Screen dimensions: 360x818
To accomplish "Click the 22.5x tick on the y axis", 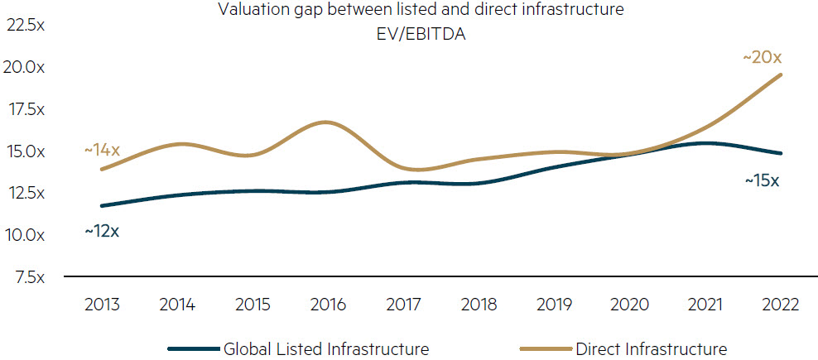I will (x=26, y=26).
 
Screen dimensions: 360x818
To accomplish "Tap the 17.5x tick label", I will (x=26, y=109).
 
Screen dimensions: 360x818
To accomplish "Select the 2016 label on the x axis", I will (x=328, y=305).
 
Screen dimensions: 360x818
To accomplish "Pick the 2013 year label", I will (x=103, y=305).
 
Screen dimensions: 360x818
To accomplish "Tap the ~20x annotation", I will (x=762, y=58).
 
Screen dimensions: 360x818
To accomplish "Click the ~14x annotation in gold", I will (x=103, y=151).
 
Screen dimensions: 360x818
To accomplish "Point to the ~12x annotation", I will (x=102, y=231).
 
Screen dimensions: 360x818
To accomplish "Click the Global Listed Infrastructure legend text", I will (x=326, y=348).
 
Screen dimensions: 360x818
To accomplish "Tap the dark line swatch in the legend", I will (x=193, y=349).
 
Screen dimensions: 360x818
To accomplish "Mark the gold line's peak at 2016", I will (x=328, y=122).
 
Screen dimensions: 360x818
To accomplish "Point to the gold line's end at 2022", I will (x=780, y=75).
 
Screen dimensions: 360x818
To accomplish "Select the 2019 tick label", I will (x=554, y=305).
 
